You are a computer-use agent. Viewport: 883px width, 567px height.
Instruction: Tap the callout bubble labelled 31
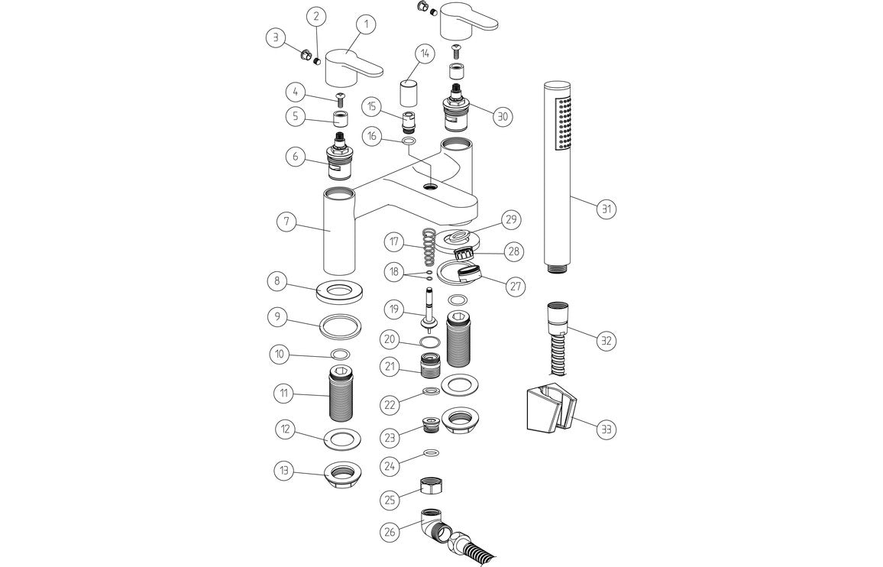[x=607, y=209]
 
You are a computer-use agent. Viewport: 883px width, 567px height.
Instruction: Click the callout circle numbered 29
[x=510, y=220]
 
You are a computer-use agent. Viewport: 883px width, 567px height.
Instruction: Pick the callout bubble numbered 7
[x=286, y=222]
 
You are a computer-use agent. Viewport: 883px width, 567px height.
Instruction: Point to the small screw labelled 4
[x=340, y=96]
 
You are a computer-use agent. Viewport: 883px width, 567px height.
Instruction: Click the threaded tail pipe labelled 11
[x=342, y=395]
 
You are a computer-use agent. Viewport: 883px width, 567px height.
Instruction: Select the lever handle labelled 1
[x=353, y=66]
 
